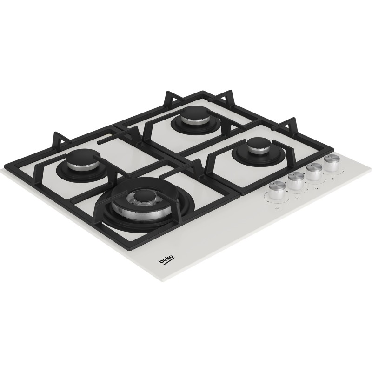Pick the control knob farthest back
tap(332, 162)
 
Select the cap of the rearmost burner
tap(190, 113)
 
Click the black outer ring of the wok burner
tap(109, 219)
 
